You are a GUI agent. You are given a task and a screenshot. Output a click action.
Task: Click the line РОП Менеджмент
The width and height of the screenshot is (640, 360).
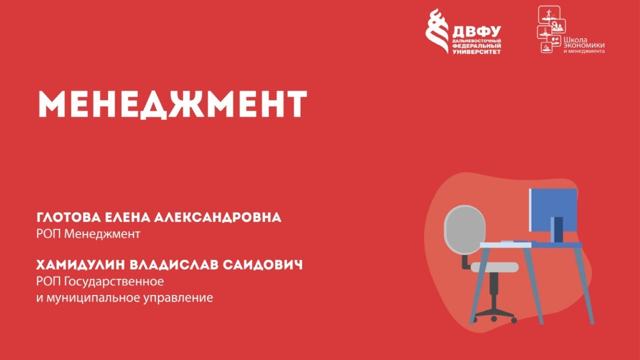[x=88, y=233]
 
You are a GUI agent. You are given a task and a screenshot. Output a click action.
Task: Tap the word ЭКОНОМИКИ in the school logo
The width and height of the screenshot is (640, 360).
[x=584, y=45]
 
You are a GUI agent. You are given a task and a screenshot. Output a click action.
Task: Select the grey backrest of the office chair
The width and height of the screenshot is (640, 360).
[x=465, y=229]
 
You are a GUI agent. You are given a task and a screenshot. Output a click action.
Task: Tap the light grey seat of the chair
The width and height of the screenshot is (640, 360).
[x=494, y=267]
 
